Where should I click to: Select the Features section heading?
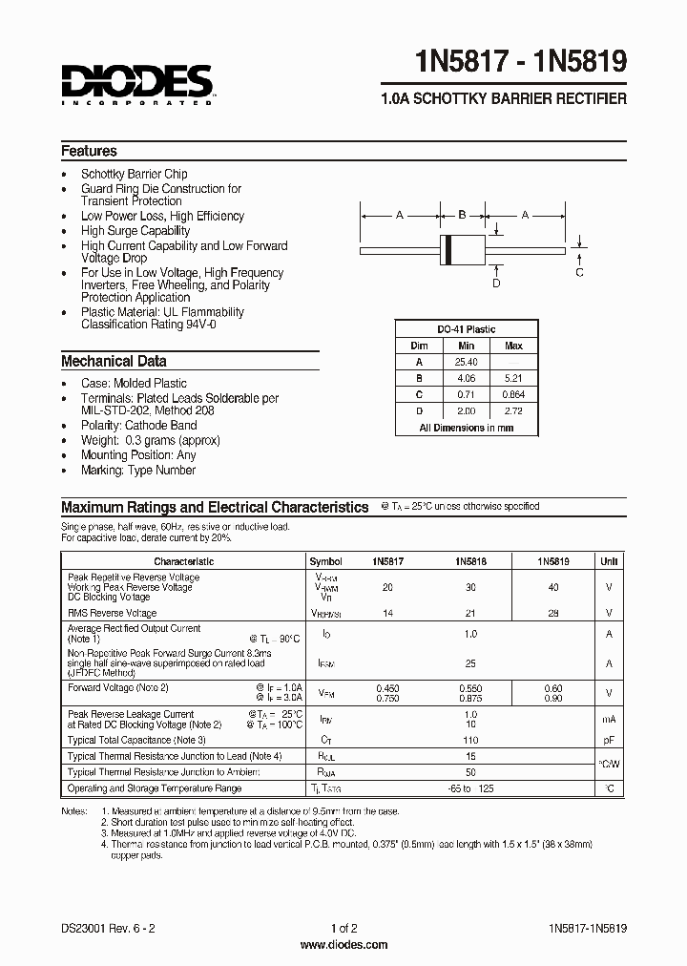point(89,151)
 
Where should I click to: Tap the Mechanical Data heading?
point(114,362)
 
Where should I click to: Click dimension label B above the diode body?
point(462,215)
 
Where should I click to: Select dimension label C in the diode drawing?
point(579,273)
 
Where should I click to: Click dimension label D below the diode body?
point(496,283)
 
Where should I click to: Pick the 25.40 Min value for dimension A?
point(467,362)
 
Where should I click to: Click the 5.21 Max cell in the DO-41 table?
point(513,378)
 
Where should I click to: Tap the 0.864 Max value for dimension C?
point(513,394)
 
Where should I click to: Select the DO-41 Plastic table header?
point(467,329)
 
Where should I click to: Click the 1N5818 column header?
point(470,562)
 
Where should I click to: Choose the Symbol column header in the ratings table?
point(326,562)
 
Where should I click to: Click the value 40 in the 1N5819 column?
point(553,588)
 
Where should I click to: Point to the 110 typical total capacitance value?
point(469,740)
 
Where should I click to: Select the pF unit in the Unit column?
point(609,740)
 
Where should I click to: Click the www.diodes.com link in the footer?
point(343,945)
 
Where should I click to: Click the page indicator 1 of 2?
point(343,928)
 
